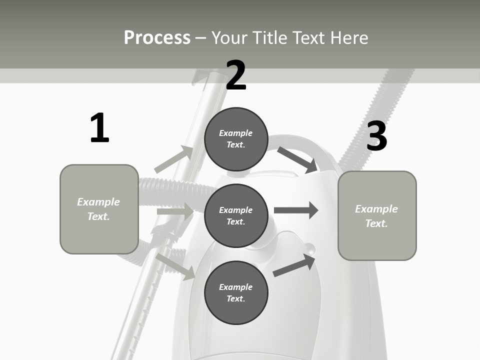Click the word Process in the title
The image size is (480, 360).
157,38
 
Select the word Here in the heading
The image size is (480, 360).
348,38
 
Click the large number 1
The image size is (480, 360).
99,128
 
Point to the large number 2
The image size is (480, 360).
236,75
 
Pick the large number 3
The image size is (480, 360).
376,136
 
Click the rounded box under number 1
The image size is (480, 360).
99,209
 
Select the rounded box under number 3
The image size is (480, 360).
377,215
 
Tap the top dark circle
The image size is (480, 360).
236,139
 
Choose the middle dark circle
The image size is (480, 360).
236,215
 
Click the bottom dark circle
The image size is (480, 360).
236,292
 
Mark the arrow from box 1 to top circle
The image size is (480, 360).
174,159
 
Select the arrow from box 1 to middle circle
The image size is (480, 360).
175,211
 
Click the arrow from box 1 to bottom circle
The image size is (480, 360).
175,266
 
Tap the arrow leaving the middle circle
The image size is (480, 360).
296,210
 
